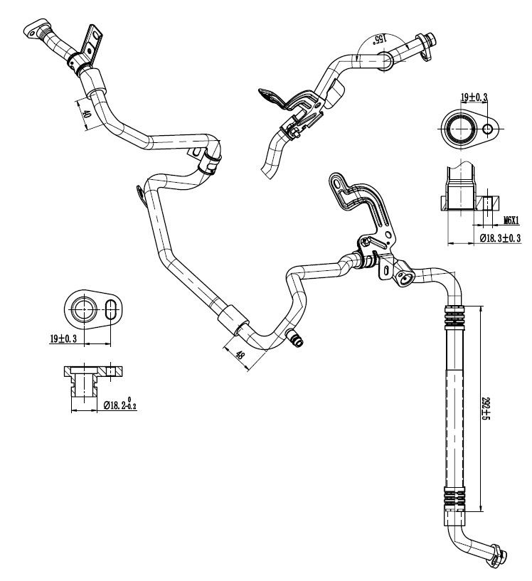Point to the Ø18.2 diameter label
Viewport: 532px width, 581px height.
pos(119,405)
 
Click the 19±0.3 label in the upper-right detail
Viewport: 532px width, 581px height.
pos(474,96)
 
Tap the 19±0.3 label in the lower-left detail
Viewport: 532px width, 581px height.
pos(64,339)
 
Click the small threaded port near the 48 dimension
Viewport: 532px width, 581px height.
pos(295,340)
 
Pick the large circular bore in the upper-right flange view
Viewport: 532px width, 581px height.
pos(458,129)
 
